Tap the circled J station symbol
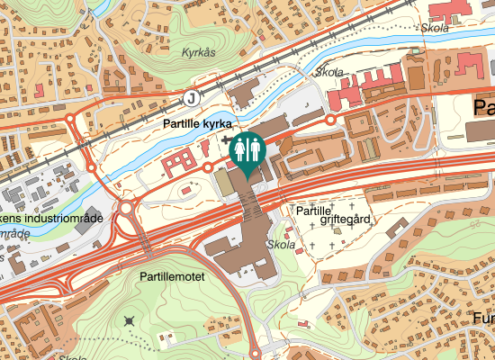tap(190, 97)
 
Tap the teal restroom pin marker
tap(247, 153)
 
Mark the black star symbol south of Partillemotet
tap(131, 320)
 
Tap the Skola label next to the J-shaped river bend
tap(329, 72)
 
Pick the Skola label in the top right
tap(435, 28)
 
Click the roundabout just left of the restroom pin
tap(208, 166)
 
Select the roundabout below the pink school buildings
tap(330, 119)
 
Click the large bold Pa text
tap(483, 108)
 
